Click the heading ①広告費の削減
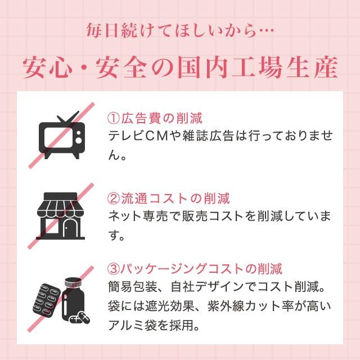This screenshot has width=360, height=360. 154,119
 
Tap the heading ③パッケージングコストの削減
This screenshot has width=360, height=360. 194,268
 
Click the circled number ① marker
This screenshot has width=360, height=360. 112,119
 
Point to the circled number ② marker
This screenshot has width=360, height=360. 112,199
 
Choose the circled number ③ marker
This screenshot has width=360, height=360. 112,268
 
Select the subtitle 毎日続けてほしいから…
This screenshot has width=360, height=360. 179,29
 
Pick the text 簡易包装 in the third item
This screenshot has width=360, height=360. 130,287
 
